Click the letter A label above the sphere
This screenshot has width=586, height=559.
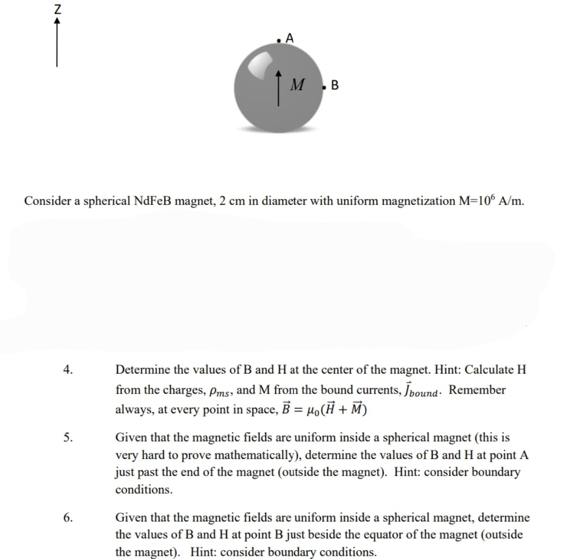(x=289, y=38)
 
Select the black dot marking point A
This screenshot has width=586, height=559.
(x=278, y=40)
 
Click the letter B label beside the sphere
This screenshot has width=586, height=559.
(x=334, y=85)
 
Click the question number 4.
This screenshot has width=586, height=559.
(x=67, y=370)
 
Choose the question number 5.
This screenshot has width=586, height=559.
(x=67, y=437)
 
